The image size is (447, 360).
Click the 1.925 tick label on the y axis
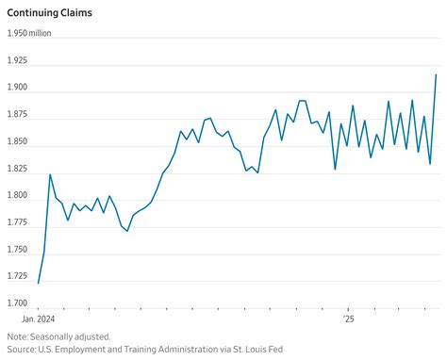(19, 60)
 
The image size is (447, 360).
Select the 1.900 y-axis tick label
(19, 88)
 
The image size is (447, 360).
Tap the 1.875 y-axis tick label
(19, 114)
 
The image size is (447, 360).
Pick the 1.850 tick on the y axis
(19, 141)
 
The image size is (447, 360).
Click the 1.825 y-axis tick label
(19, 169)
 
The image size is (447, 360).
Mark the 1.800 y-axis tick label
(19, 196)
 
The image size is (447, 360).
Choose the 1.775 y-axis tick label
(19, 222)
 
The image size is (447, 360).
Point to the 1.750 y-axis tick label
(19, 250)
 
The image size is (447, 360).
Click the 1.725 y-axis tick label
(19, 277)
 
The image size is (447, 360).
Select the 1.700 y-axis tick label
(19, 303)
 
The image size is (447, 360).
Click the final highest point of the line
(436, 74)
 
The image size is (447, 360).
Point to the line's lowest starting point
(38, 283)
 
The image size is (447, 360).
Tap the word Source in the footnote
(21, 349)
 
